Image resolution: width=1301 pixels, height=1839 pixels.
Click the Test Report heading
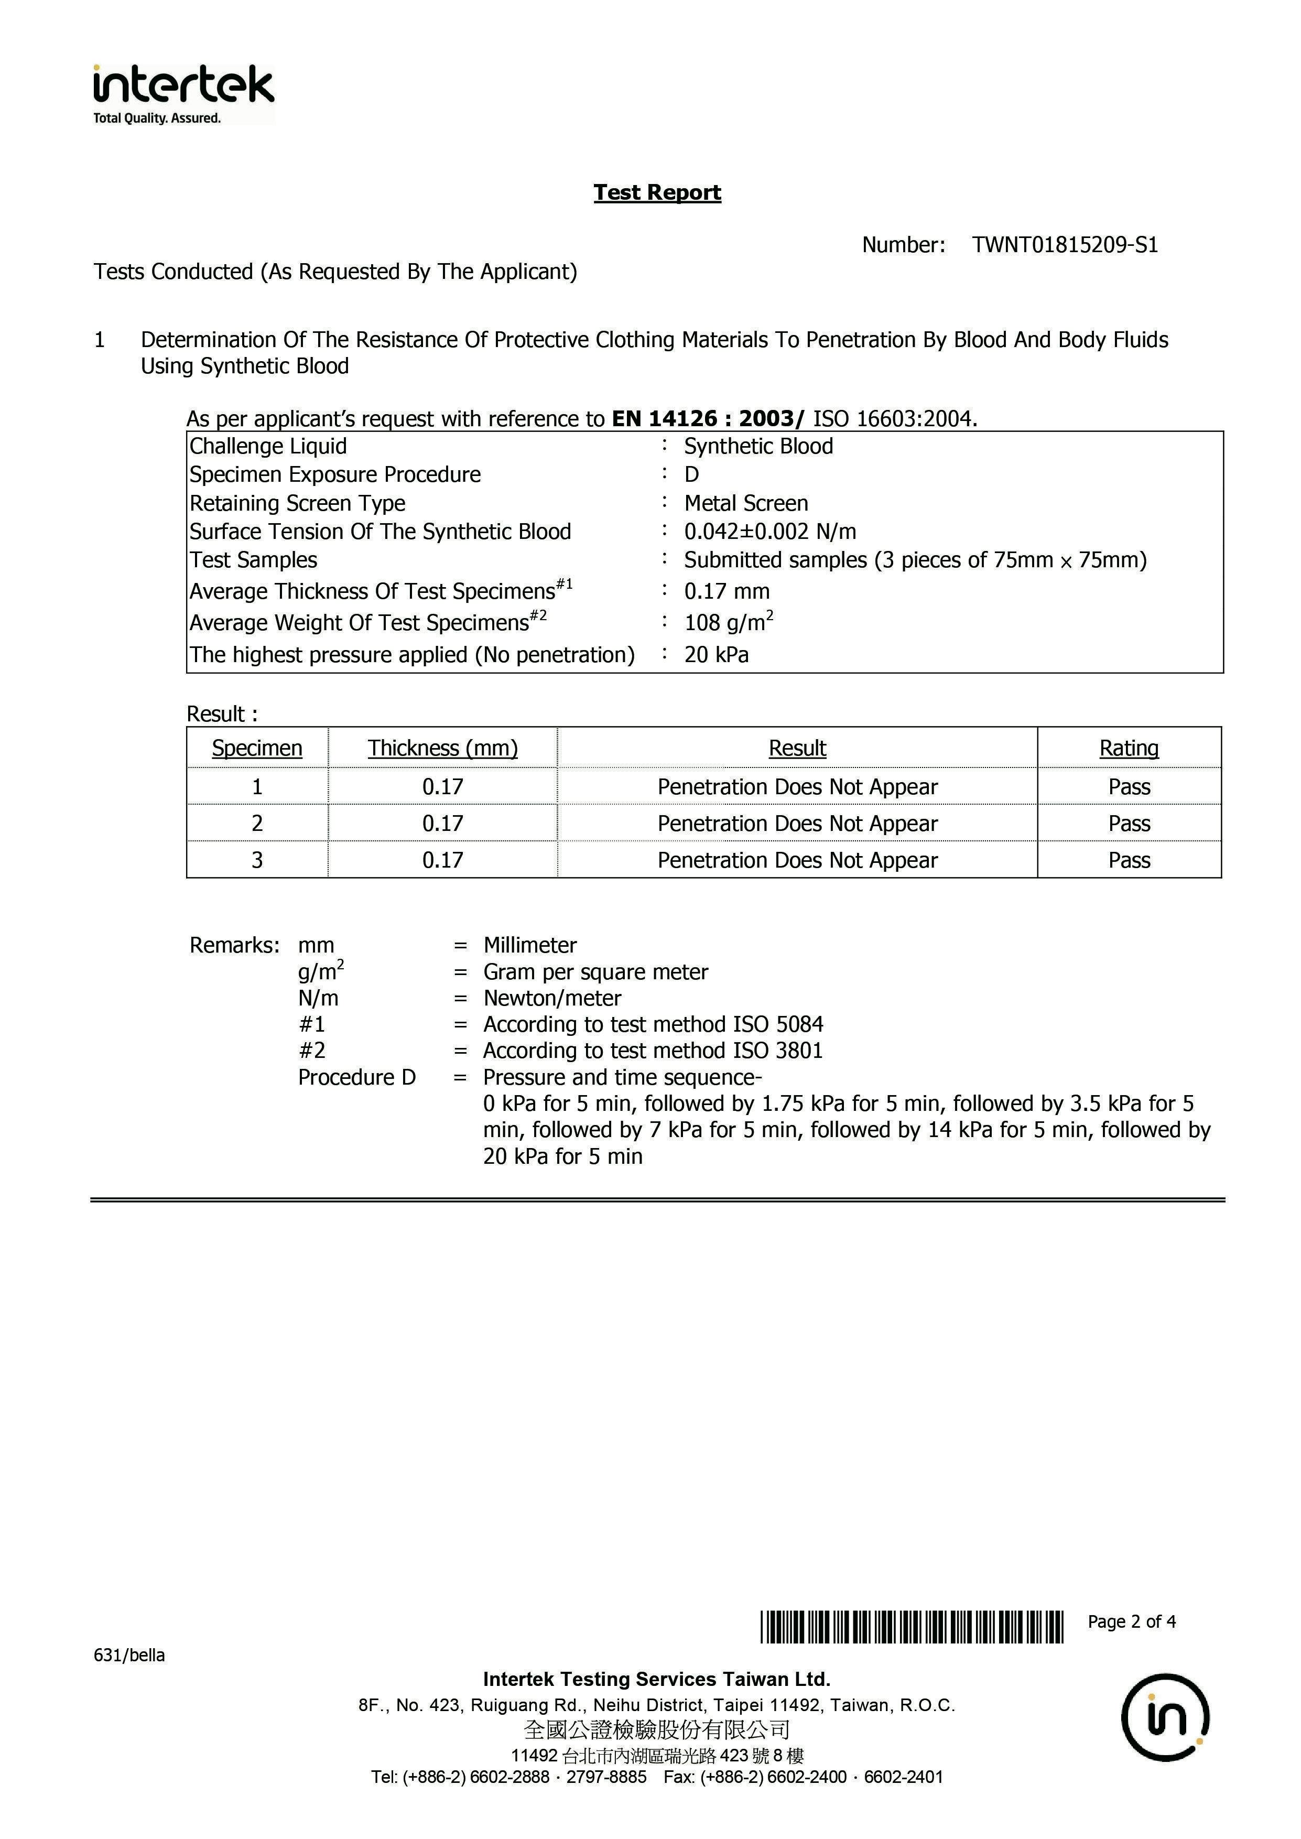coord(657,192)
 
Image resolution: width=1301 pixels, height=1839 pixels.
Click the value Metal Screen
coord(746,503)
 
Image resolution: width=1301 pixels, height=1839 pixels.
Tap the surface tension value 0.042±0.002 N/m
coord(770,532)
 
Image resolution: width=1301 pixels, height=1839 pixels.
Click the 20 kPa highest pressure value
coord(716,655)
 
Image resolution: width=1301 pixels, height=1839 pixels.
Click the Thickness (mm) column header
coord(442,748)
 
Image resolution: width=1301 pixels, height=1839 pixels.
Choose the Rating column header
coord(1128,748)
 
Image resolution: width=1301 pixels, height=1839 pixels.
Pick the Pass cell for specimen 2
coord(1129,824)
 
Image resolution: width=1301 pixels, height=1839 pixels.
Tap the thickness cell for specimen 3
coord(442,860)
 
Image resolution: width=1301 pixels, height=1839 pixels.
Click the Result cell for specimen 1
coord(797,786)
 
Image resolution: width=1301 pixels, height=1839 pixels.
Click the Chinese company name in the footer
coord(657,1730)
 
